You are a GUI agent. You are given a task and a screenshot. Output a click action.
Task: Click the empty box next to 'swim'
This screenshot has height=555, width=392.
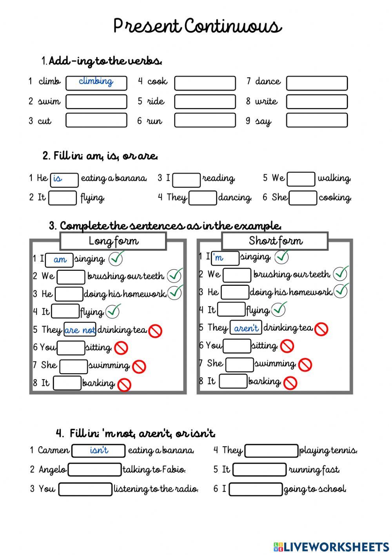click(x=96, y=102)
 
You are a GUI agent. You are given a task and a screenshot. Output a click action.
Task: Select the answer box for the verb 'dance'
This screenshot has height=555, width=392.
click(x=317, y=83)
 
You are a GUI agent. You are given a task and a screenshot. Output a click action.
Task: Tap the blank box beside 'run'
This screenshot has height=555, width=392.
click(x=205, y=120)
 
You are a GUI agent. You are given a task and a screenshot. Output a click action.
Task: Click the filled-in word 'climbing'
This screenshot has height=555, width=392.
click(x=96, y=81)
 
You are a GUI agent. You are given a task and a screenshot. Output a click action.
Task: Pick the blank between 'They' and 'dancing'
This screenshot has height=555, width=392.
click(x=202, y=198)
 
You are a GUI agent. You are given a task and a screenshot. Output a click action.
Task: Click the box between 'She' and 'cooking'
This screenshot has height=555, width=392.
click(x=303, y=198)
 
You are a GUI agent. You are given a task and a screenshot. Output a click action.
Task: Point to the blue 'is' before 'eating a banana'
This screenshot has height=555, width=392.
click(x=58, y=179)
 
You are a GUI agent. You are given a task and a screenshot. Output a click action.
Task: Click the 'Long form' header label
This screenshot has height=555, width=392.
click(x=113, y=241)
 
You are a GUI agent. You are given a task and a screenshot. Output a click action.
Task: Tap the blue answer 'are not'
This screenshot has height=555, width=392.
click(x=80, y=330)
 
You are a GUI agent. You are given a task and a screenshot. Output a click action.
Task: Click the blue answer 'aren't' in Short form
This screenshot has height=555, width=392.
click(x=246, y=328)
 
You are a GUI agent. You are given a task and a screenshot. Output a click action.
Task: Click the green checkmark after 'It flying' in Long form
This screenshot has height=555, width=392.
click(x=113, y=312)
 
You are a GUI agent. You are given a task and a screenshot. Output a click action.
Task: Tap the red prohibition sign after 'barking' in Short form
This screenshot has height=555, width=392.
click(x=290, y=383)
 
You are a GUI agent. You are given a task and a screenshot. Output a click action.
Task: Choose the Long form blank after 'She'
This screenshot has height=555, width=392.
click(x=73, y=366)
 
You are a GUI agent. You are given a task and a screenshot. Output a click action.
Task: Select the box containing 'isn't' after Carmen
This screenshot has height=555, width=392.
click(x=99, y=451)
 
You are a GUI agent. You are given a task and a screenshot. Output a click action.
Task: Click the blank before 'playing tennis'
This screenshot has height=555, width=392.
click(x=271, y=451)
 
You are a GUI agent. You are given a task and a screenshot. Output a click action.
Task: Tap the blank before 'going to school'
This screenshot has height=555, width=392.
click(x=256, y=489)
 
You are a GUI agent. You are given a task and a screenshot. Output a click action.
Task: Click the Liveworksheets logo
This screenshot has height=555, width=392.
click(x=331, y=547)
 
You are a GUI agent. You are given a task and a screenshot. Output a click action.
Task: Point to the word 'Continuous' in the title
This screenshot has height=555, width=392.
click(x=233, y=27)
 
